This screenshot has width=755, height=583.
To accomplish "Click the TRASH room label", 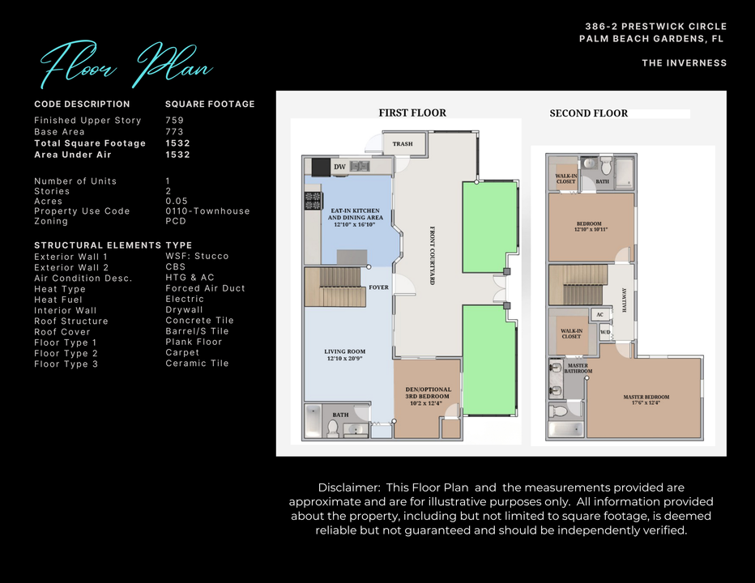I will (403, 144).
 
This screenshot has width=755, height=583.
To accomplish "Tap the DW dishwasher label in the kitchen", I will (339, 167).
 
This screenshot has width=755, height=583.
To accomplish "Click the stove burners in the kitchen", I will (312, 201).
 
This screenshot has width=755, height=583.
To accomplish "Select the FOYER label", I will (378, 287).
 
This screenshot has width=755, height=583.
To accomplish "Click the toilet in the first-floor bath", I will (332, 428).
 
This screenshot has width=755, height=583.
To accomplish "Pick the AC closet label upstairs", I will (600, 315).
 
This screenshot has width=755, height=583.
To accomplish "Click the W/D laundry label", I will (604, 332).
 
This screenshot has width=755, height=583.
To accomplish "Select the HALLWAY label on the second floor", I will (623, 298).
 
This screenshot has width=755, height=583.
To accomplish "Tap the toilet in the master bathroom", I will (559, 411).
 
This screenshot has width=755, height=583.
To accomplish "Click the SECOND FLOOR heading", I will (589, 114).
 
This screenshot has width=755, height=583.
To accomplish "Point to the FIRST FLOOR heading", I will (412, 113).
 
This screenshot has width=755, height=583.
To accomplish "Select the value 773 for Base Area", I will (174, 132).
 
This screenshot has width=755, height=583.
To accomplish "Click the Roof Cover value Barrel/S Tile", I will (197, 331).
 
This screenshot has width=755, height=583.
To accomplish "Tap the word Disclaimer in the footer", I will (348, 487).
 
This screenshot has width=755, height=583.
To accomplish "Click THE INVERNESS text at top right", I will (685, 63).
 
